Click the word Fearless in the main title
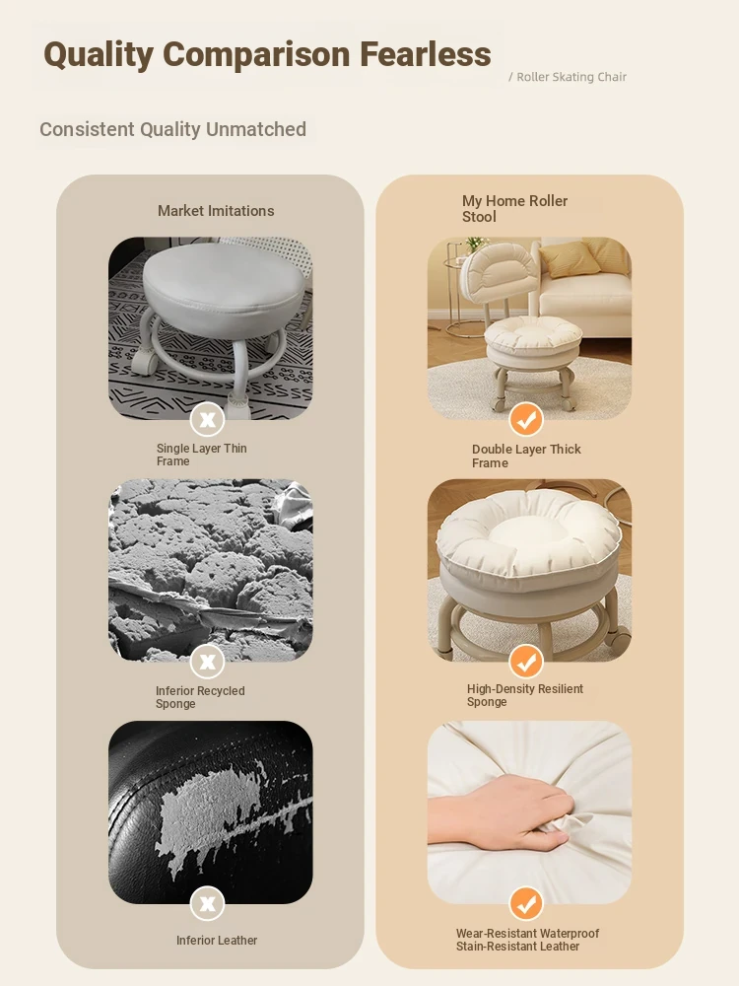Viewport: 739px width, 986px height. [426, 54]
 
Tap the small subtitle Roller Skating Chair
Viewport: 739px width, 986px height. [571, 77]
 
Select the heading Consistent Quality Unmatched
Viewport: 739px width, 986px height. [172, 129]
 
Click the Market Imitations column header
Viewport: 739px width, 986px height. [216, 211]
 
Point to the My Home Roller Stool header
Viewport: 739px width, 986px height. [514, 209]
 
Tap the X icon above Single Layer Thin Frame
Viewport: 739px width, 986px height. [207, 419]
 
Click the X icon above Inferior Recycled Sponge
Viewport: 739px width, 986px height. [207, 661]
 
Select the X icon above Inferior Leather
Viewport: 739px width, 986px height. [207, 903]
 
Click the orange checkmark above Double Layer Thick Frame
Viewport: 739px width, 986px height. [526, 419]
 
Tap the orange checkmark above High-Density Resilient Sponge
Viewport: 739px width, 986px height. [526, 661]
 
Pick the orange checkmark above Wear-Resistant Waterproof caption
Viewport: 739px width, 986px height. [526, 903]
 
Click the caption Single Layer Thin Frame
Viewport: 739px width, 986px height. [201, 455]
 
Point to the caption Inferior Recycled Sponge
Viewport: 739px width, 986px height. [200, 697]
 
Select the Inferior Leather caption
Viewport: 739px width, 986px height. [217, 940]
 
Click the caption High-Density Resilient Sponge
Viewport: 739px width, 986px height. [525, 695]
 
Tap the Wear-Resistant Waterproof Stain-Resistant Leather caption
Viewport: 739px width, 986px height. [527, 940]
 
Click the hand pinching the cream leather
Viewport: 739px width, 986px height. [503, 811]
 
